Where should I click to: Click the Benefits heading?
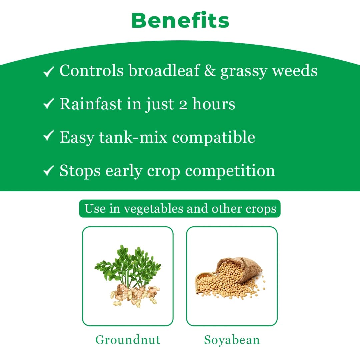(180, 20)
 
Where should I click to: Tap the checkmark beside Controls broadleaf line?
(49, 72)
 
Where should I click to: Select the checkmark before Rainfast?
(49, 105)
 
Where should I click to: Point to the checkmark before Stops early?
(49, 171)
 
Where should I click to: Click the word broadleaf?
(164, 70)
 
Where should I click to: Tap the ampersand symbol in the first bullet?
(210, 71)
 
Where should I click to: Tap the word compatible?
(213, 138)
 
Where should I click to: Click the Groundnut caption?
(128, 340)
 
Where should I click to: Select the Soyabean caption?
(232, 340)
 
